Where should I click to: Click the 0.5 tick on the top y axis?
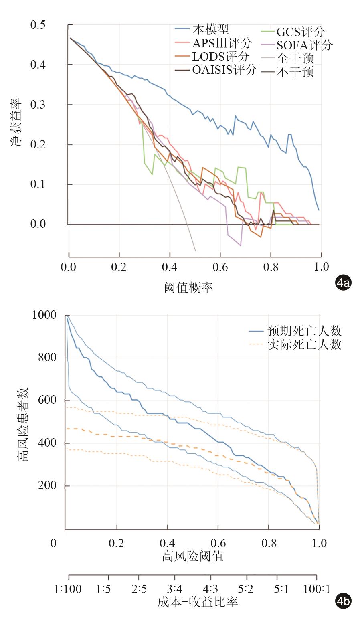[38, 25]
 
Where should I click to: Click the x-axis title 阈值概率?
[188, 287]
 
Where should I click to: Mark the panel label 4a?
[343, 283]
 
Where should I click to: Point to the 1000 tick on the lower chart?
[44, 316]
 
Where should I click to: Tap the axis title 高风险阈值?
[192, 556]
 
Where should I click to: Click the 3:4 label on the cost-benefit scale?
[174, 589]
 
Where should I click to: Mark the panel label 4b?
[343, 602]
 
